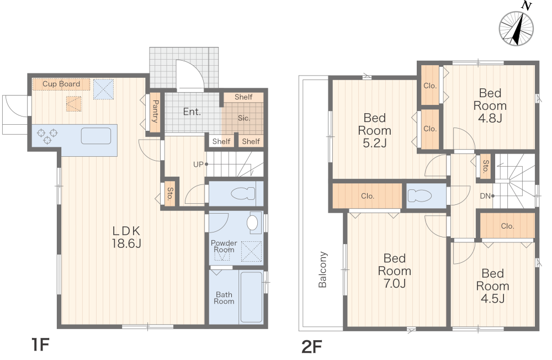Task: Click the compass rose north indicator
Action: tap(517, 28)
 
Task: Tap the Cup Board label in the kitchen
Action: tap(61, 84)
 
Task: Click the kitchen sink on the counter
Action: tap(95, 136)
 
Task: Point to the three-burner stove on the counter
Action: tap(47, 136)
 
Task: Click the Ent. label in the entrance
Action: tap(192, 112)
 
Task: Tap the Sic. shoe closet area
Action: tap(242, 118)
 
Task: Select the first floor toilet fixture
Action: tap(242, 193)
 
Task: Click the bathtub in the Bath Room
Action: tap(251, 297)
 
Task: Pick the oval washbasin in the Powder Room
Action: tap(252, 223)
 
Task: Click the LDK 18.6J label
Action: tap(126, 237)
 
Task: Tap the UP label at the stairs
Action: tap(198, 164)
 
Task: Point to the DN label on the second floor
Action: tap(485, 196)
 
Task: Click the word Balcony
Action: tap(322, 269)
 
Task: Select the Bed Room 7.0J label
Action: tap(395, 271)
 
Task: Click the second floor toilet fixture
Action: tap(420, 195)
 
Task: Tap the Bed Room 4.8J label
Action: tap(490, 105)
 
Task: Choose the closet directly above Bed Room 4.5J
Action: tap(507, 225)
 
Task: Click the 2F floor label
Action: tap(312, 347)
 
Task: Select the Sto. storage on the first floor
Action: tap(169, 194)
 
